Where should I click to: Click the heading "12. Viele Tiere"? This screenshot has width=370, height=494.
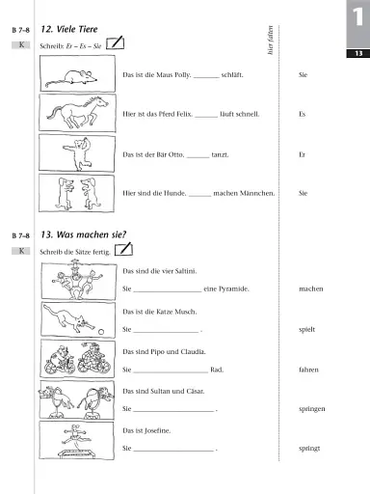coord(82,31)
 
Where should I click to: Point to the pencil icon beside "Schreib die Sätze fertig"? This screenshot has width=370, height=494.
coord(123,249)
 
